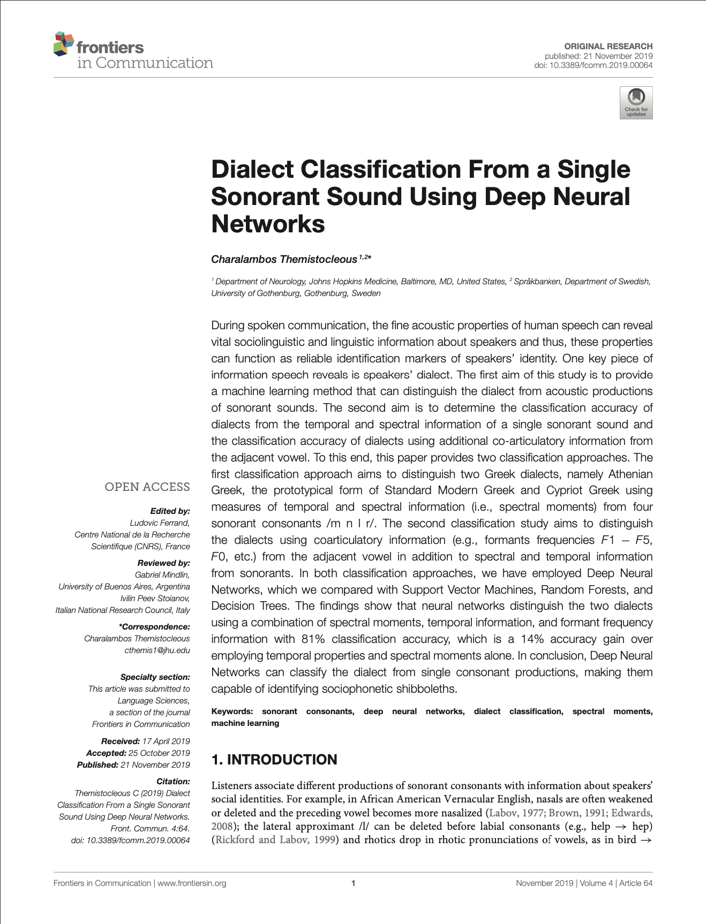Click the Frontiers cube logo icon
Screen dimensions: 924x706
(x=63, y=43)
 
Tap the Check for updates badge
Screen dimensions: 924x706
(x=636, y=102)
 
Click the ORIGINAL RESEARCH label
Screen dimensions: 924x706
(x=608, y=47)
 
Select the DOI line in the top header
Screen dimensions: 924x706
(x=593, y=65)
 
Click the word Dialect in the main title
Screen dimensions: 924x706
(x=252, y=170)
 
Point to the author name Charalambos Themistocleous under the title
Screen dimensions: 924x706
(x=284, y=260)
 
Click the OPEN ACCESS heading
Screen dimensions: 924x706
(x=147, y=487)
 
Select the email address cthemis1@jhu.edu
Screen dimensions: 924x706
(x=157, y=650)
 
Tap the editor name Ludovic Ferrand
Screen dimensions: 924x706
(x=160, y=523)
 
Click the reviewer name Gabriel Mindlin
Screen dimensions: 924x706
(x=162, y=575)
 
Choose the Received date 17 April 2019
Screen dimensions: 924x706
(x=166, y=741)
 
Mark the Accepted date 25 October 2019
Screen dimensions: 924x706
(x=159, y=753)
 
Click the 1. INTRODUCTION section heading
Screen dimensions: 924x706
(x=274, y=760)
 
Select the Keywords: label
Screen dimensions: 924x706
(x=232, y=711)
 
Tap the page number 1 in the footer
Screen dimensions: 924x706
(x=353, y=883)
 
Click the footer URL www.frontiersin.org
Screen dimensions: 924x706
(x=192, y=883)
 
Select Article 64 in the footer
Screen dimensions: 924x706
(x=636, y=883)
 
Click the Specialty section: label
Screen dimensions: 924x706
(x=155, y=677)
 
